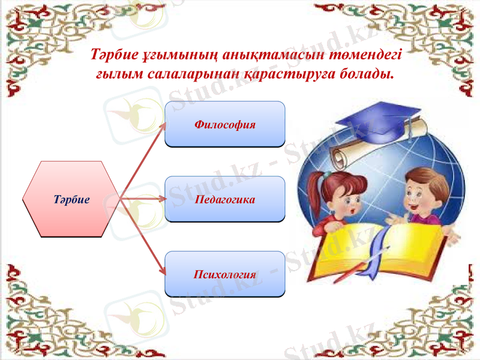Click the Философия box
pos(224,125)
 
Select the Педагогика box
pos(224,199)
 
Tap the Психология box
pos(224,274)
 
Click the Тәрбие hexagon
pos(71,199)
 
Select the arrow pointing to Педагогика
pos(144,199)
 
